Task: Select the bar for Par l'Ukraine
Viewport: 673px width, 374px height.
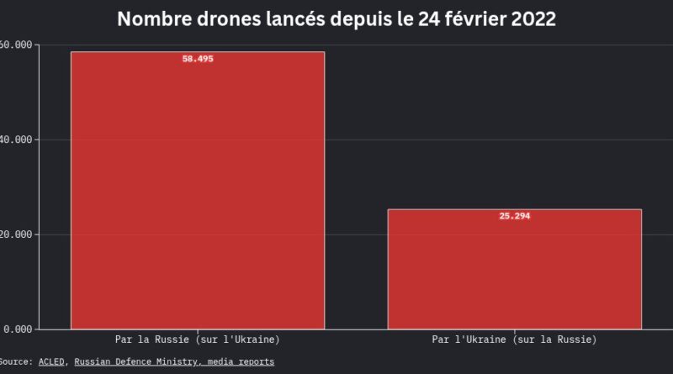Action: (x=514, y=269)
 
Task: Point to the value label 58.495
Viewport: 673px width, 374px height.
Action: (x=198, y=59)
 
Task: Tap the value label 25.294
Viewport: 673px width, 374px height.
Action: (x=514, y=216)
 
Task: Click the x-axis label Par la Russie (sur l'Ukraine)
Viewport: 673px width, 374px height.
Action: (x=198, y=340)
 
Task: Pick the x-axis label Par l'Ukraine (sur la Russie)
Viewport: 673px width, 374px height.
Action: (x=514, y=340)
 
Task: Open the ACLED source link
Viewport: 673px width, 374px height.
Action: (x=52, y=361)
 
